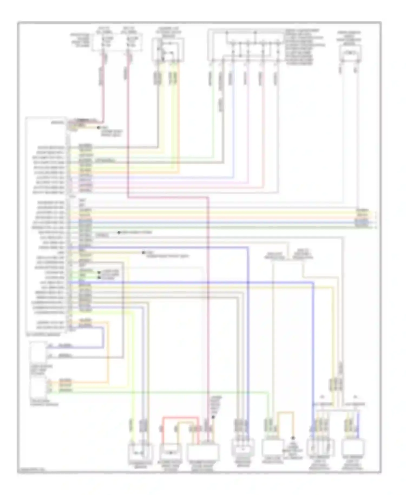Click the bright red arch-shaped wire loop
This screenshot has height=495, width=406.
180,418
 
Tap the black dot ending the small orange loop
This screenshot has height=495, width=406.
293,438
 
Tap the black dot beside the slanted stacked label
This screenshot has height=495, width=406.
213,417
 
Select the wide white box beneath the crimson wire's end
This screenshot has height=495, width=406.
203,452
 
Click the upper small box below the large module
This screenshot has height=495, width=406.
38,353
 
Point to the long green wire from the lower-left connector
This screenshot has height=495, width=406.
162,392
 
